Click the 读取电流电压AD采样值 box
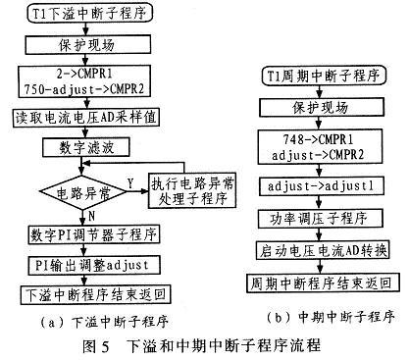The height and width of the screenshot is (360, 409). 81,120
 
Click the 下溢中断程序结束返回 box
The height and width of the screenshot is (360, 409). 81,293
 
